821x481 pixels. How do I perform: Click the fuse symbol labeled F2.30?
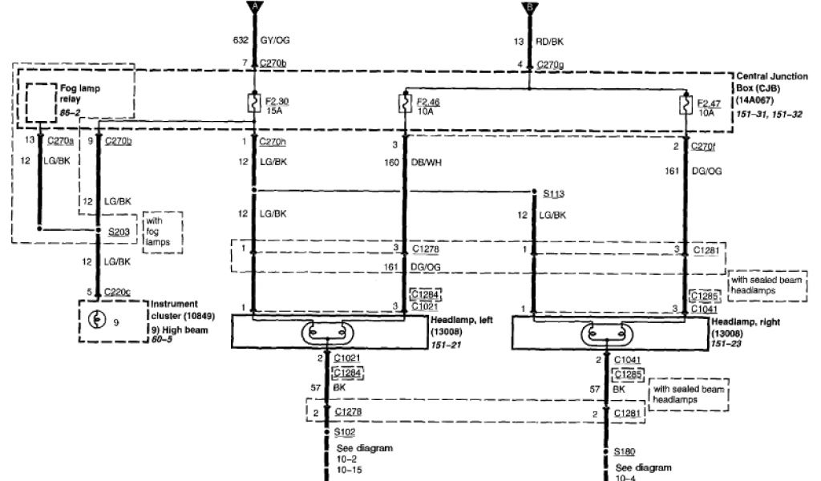(x=254, y=104)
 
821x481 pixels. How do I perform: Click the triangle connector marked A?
(x=254, y=7)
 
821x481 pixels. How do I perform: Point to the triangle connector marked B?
(x=528, y=7)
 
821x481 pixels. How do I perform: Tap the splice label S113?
(x=554, y=193)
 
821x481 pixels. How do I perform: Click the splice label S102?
(x=346, y=432)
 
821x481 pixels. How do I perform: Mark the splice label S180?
(x=625, y=451)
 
